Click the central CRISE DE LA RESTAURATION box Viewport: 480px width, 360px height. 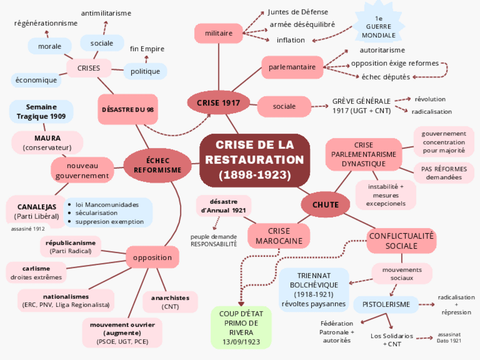[x=255, y=160]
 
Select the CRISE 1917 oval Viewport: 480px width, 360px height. [x=218, y=102]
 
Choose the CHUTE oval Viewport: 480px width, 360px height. [x=325, y=204]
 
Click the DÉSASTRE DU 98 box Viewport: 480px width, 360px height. [x=127, y=109]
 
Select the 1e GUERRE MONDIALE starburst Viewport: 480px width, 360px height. [x=379, y=27]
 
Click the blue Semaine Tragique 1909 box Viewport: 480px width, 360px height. [x=41, y=112]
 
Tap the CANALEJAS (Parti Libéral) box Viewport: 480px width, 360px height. [x=37, y=211]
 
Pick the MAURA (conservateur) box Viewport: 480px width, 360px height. [x=47, y=143]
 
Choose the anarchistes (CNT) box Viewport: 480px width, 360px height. [x=170, y=302]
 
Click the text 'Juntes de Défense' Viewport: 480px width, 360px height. [x=298, y=12]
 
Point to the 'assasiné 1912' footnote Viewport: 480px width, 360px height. [x=28, y=229]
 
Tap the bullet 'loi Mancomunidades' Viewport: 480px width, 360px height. [x=107, y=204]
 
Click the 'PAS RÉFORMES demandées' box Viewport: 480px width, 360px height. [x=444, y=173]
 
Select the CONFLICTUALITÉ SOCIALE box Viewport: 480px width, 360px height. [x=401, y=241]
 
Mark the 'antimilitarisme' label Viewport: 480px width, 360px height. [x=106, y=13]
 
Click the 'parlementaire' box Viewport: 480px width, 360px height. [x=292, y=67]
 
